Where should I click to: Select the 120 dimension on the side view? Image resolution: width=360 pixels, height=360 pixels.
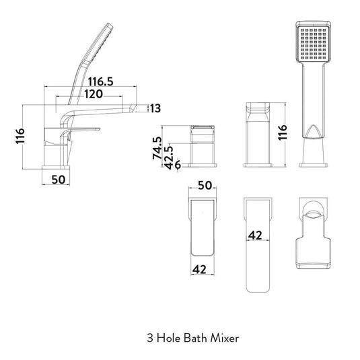(x=94, y=94)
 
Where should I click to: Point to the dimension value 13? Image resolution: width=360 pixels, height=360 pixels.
(x=155, y=108)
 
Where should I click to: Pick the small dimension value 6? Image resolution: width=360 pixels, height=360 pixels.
(x=178, y=164)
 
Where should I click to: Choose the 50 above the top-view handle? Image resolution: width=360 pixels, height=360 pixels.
(x=205, y=185)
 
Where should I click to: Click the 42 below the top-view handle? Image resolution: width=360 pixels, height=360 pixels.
(x=200, y=268)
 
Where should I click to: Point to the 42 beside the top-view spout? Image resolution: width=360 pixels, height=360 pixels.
(x=255, y=235)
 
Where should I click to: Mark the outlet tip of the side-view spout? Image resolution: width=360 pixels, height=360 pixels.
(x=137, y=108)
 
